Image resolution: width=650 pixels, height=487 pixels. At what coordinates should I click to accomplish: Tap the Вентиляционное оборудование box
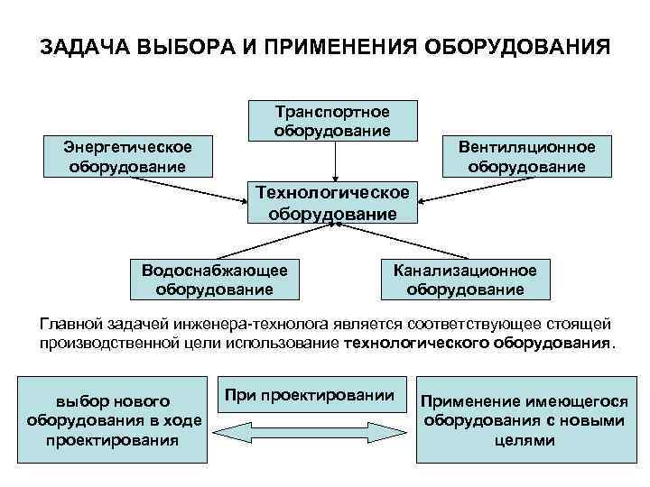(525, 156)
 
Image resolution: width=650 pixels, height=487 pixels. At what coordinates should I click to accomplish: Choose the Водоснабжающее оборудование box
(214, 280)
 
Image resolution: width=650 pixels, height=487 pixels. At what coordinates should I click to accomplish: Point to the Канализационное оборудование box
(464, 280)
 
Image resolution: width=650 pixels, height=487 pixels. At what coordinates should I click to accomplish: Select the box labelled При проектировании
(310, 395)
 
